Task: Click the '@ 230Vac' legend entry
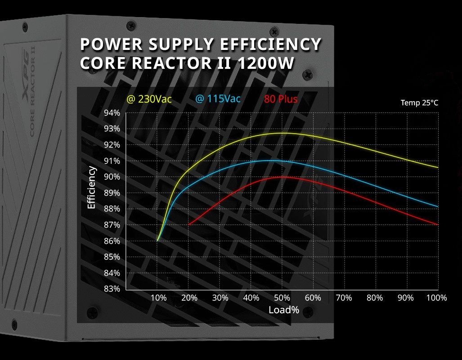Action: [149, 99]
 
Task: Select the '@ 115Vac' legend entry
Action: [218, 99]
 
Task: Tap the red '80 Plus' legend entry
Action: [281, 99]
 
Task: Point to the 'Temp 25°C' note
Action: [419, 103]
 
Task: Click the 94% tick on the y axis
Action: [112, 112]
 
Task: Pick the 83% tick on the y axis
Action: [112, 289]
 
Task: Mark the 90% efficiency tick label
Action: [112, 177]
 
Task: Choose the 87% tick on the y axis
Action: [112, 225]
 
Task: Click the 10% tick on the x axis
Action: [158, 298]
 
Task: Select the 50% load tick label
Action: [282, 298]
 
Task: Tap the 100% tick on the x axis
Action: [436, 298]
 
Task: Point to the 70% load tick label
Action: [344, 298]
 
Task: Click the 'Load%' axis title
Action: [284, 310]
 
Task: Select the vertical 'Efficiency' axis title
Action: [92, 187]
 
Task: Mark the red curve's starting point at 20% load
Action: [188, 224]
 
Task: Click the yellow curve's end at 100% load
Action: [438, 167]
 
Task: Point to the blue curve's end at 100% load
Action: [438, 207]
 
